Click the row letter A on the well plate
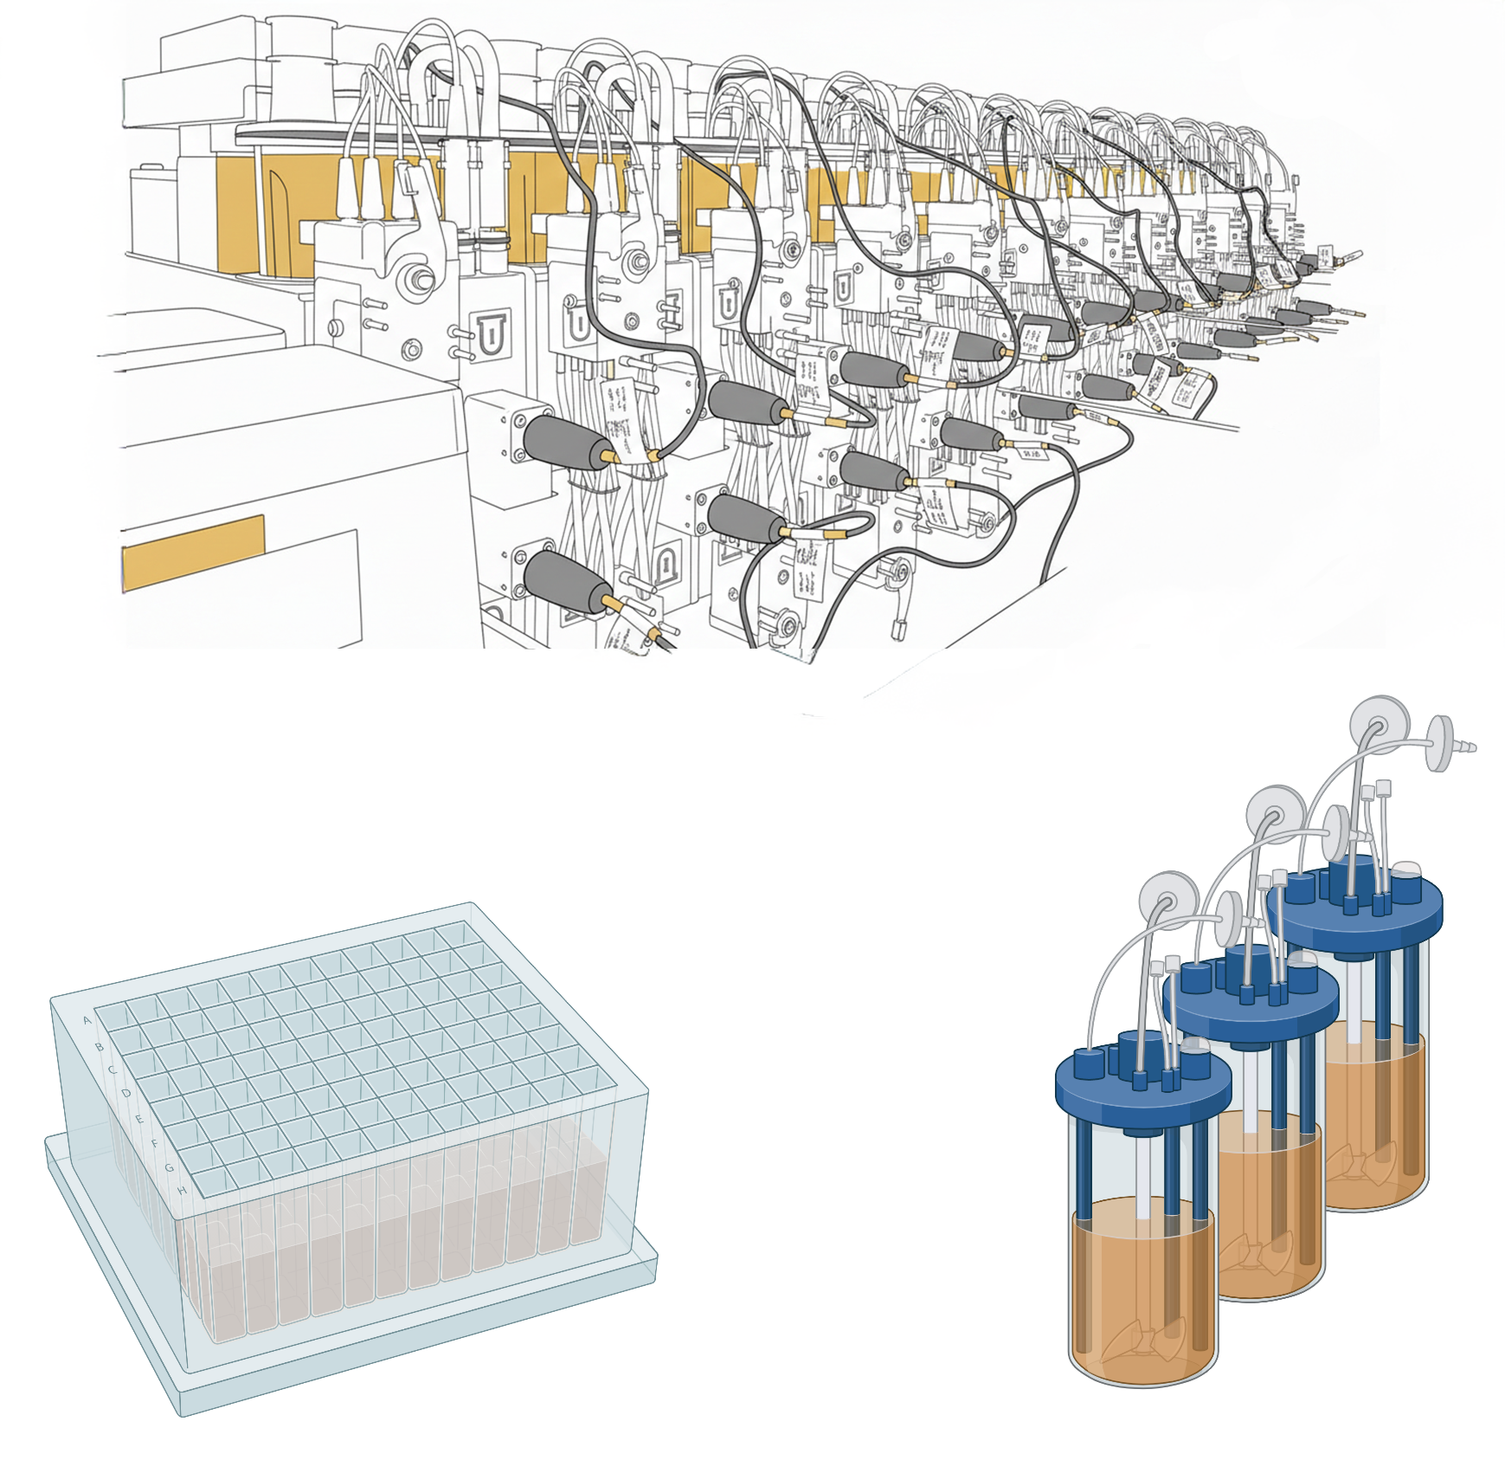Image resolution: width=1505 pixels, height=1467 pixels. tap(87, 1020)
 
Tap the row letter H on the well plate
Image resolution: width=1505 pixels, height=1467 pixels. tap(183, 1191)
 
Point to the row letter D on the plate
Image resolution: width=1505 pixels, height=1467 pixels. tap(126, 1094)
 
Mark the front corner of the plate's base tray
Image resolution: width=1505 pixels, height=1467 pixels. tap(183, 1413)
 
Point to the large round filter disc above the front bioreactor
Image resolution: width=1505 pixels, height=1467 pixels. tap(1168, 902)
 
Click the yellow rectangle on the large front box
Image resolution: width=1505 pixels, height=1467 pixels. tap(193, 552)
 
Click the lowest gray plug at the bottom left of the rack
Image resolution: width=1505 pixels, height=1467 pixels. tap(562, 581)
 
